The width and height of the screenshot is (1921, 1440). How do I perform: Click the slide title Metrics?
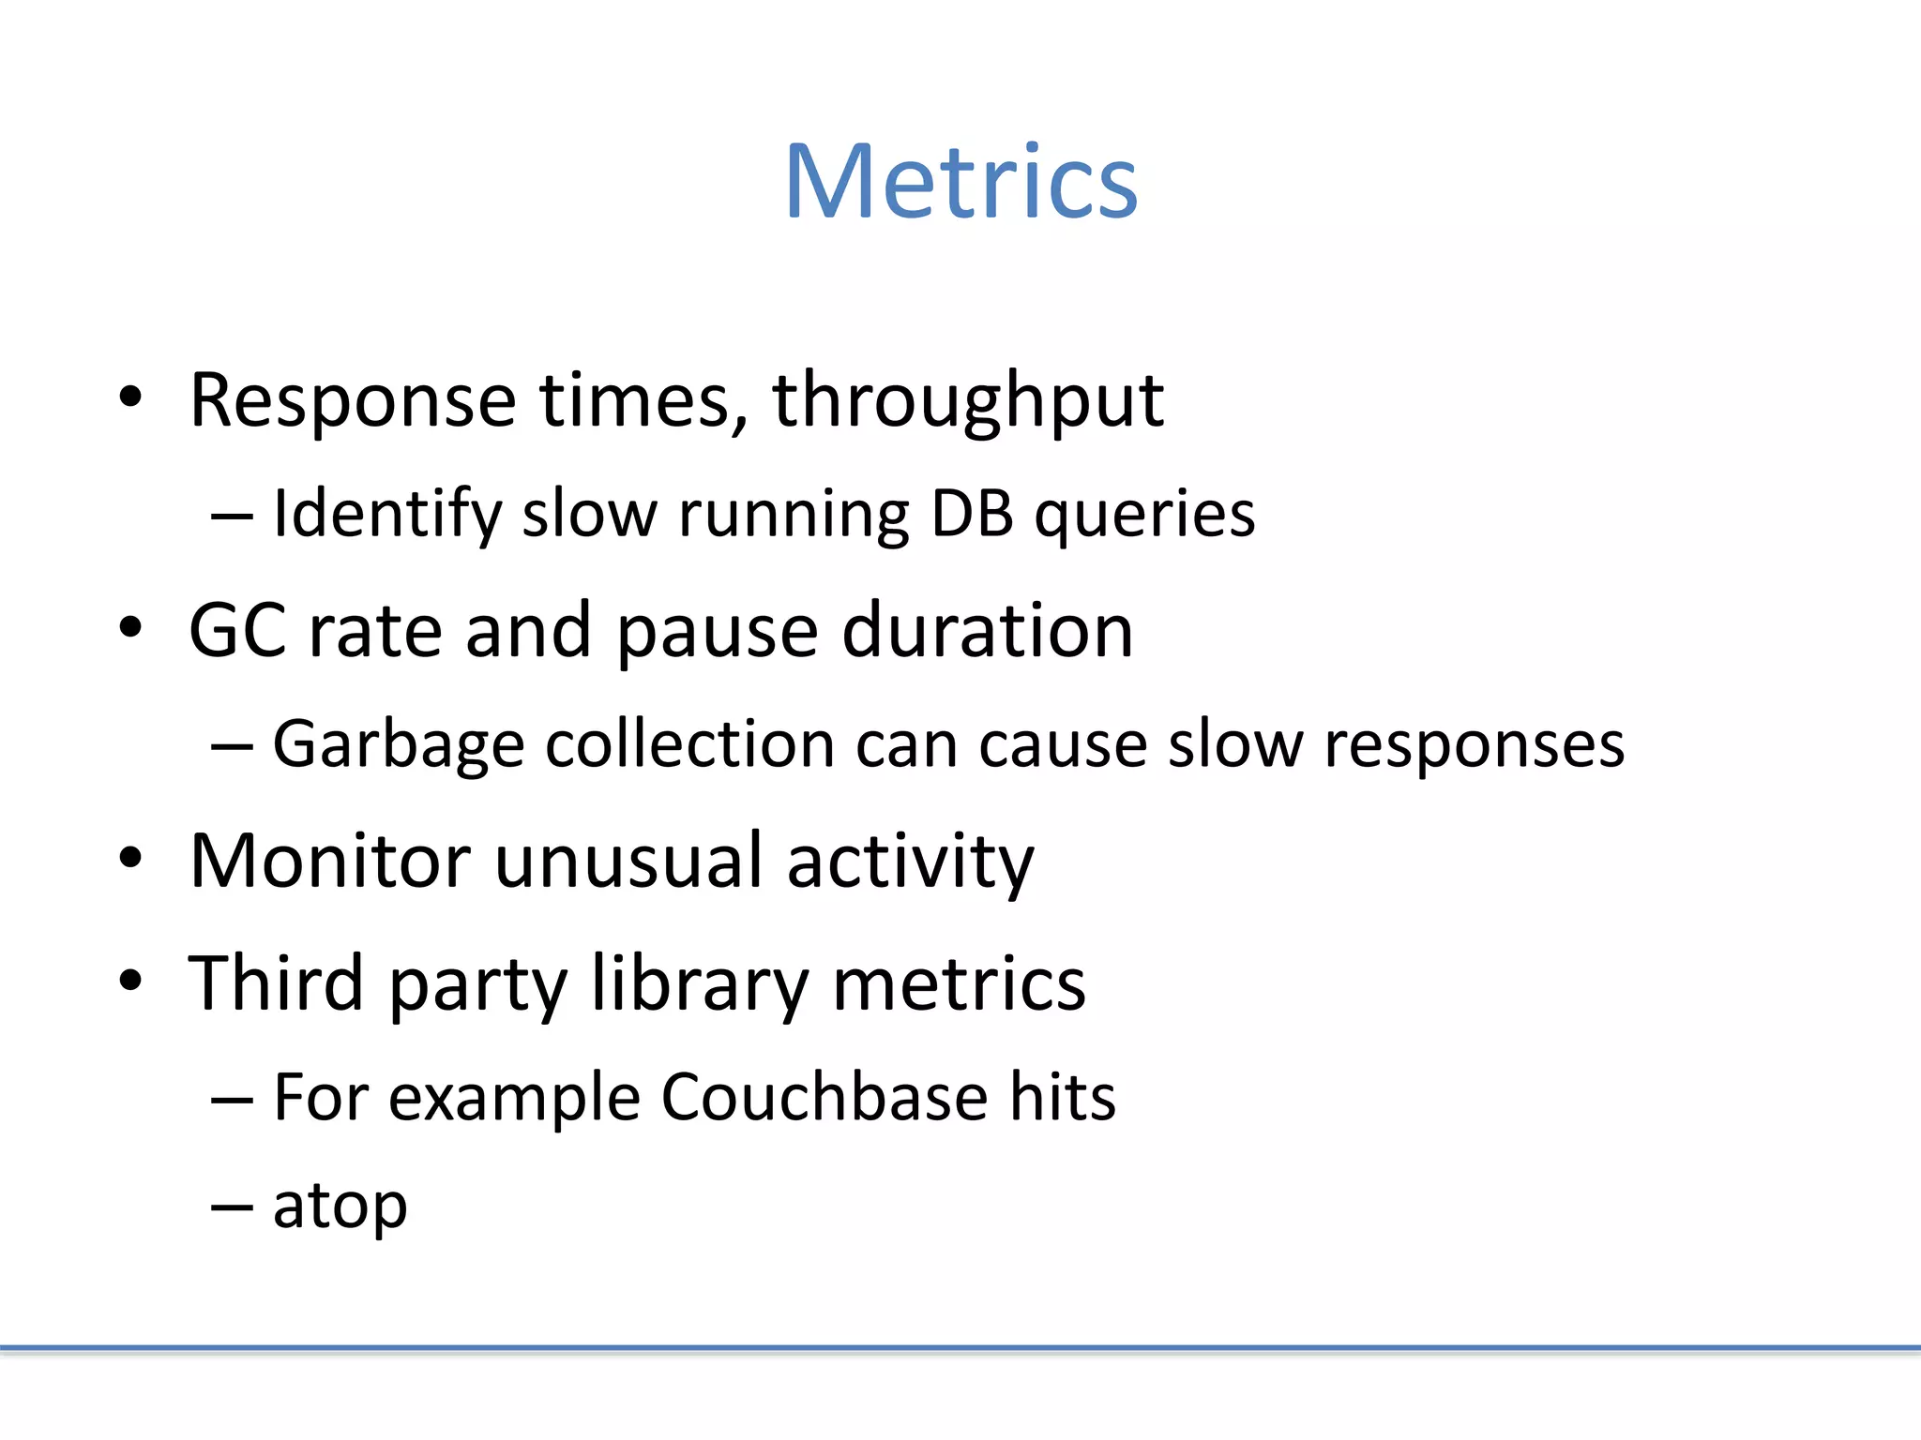point(960,182)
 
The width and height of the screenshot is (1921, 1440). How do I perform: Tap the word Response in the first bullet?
point(353,401)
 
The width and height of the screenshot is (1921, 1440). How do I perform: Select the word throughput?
point(968,401)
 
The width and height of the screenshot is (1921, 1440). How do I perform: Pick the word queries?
point(1144,516)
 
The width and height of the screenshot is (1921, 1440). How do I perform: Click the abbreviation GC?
point(237,630)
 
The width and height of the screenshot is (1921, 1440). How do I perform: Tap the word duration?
point(988,630)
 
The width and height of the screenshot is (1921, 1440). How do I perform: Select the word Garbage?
point(398,745)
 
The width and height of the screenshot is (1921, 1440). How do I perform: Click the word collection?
point(689,744)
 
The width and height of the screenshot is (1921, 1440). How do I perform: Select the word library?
point(700,984)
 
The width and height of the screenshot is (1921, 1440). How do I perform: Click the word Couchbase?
point(824,1097)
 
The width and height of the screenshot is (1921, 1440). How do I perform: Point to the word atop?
point(340,1207)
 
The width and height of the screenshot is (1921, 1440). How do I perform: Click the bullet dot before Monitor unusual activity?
point(130,859)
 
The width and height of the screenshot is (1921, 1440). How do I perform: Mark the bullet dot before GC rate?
point(130,628)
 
